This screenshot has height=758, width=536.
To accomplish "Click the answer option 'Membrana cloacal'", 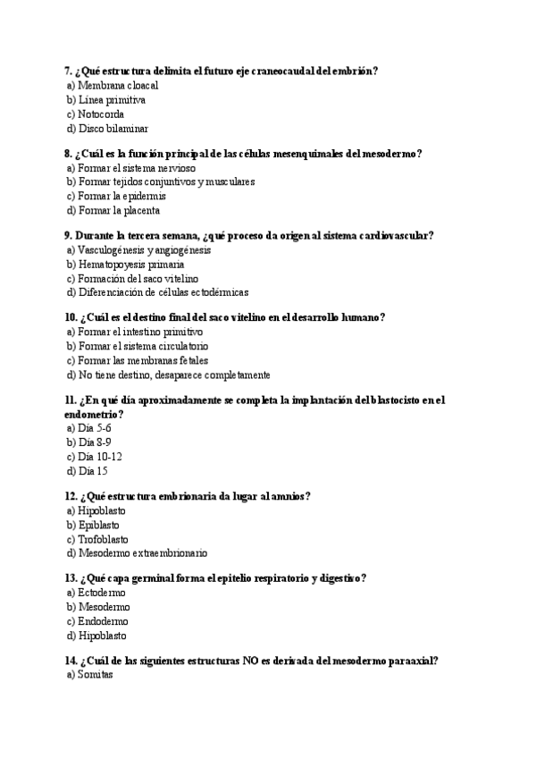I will [117, 86].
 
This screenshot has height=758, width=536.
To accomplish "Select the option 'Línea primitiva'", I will [112, 100].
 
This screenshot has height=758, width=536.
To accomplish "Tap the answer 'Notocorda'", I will [101, 114].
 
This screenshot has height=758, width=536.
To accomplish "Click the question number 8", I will [68, 154].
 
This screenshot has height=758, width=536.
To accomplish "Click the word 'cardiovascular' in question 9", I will [395, 236].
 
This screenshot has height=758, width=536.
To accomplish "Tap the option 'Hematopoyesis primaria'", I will [130, 265].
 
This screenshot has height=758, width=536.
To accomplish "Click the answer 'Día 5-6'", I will [94, 428].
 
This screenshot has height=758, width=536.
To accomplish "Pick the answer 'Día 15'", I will [92, 470].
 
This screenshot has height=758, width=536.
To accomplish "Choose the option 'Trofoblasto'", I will [103, 539].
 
